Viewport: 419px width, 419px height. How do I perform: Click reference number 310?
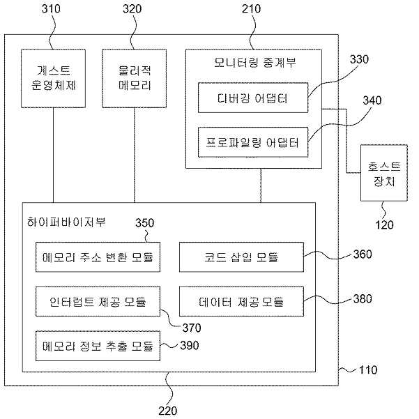pos(51,9)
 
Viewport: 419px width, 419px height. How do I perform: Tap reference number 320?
pos(132,9)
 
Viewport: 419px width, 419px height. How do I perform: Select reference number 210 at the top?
pos(251,9)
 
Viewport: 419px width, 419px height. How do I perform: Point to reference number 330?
pos(359,59)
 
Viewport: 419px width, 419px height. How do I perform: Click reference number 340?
pos(372,100)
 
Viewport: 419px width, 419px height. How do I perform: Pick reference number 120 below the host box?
pos(385,224)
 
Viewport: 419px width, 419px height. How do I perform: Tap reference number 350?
pos(144,223)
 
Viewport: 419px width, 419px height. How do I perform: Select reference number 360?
pos(363,254)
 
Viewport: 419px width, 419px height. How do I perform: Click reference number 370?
pos(192,328)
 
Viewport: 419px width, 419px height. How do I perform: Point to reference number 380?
pos(363,299)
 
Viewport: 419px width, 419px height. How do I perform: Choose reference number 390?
pos(190,346)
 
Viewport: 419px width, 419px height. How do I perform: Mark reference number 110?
pos(368,370)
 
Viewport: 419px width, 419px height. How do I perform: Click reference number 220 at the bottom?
pos(168,411)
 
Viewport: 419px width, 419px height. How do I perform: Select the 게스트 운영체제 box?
pos(54,79)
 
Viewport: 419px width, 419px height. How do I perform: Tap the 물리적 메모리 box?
pos(135,79)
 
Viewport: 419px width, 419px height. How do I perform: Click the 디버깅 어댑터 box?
pos(253,98)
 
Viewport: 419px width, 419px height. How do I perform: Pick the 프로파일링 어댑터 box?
pos(253,142)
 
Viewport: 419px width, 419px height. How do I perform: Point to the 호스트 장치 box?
pos(384,173)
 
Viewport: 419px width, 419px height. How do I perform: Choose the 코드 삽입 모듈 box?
pos(241,257)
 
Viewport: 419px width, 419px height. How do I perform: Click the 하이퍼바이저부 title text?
pos(66,222)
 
